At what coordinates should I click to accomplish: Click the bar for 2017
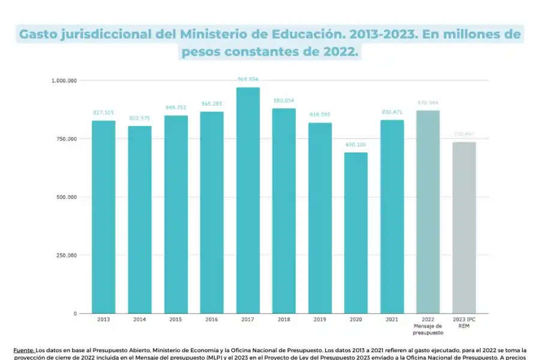click(248, 200)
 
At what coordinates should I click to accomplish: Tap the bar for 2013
click(103, 217)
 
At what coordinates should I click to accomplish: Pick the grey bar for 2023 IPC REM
click(464, 227)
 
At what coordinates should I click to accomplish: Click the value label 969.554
click(248, 79)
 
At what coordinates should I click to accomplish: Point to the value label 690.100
click(356, 145)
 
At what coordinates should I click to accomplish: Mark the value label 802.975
click(139, 118)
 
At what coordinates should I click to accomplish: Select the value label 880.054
click(284, 101)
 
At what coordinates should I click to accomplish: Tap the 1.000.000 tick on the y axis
click(64, 80)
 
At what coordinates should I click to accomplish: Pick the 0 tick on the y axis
click(75, 313)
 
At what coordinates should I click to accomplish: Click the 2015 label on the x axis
click(176, 320)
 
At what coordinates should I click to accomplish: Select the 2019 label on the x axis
click(320, 320)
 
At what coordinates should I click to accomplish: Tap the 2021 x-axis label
click(392, 320)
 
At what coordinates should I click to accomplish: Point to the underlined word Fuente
click(23, 349)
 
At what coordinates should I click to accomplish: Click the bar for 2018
click(284, 211)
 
